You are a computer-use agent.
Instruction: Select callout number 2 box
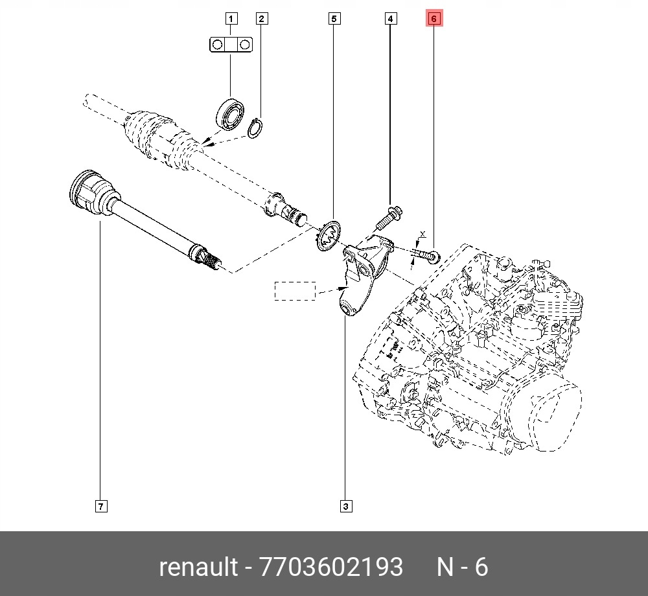261,18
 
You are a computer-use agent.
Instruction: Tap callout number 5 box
333,18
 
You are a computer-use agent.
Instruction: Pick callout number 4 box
390,18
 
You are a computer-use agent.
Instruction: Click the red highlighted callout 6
434,18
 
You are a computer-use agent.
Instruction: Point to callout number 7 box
100,506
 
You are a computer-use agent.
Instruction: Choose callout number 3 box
346,506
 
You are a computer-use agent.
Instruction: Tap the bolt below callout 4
388,218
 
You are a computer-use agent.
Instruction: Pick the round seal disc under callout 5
330,235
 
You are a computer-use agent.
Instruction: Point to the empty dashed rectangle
295,291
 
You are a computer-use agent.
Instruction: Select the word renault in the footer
198,567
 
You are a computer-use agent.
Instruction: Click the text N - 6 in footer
461,567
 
